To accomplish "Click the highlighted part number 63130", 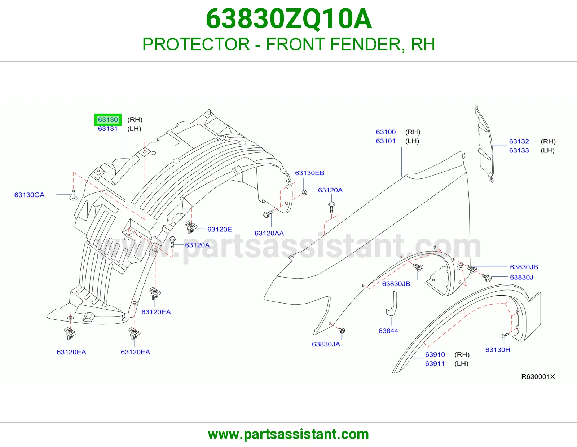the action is [x=108, y=119].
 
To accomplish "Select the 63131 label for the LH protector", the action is [x=108, y=129].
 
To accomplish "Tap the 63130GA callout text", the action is [x=30, y=195].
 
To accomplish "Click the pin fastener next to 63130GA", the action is [x=73, y=195].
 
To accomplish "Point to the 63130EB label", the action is [x=310, y=173].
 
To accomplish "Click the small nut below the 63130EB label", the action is [x=305, y=192].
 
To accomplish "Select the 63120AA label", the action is [x=269, y=233].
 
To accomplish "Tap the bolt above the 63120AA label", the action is [x=268, y=213].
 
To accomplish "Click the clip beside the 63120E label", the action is [x=191, y=227].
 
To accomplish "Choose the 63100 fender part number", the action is [x=386, y=132].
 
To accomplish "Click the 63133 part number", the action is [x=519, y=151].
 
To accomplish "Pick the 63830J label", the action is [x=521, y=277].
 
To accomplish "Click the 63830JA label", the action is [x=326, y=344].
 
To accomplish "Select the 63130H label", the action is [x=498, y=350].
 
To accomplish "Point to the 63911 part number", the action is [x=435, y=363].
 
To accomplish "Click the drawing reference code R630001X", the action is [x=538, y=376].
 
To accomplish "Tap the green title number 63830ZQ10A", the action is [x=288, y=19].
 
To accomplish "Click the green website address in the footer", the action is [x=288, y=434].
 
